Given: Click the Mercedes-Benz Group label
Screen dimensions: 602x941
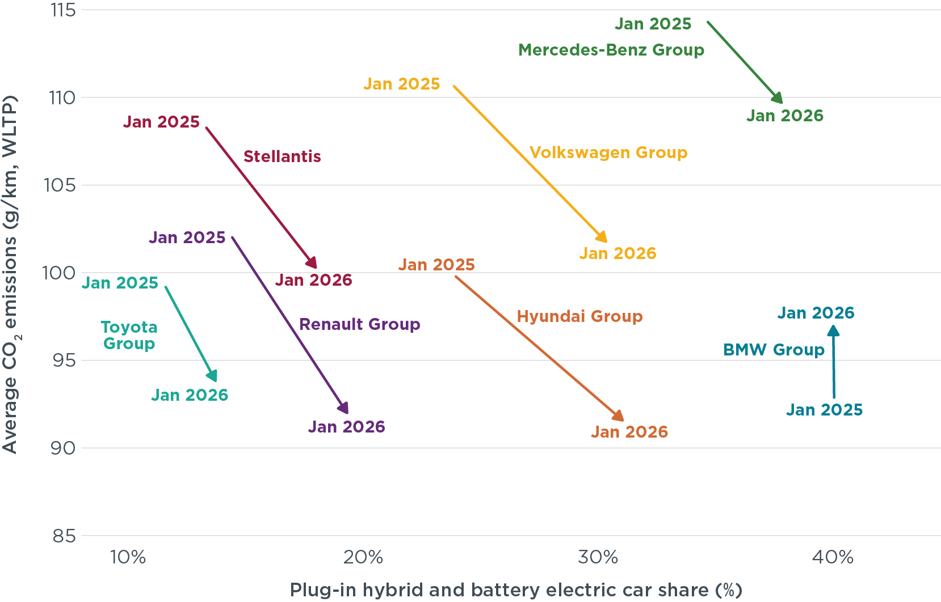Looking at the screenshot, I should (611, 50).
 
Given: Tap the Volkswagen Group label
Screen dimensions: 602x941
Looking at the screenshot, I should (608, 152).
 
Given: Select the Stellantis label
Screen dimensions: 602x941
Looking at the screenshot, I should (282, 156).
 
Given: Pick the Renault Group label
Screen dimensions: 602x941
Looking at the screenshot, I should (359, 324).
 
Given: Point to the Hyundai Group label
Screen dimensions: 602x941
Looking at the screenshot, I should (579, 316).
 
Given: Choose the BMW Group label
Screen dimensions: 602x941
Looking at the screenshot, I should (774, 350).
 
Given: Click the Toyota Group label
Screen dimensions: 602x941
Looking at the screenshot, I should (129, 335).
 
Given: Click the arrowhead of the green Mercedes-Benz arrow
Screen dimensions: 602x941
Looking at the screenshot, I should (778, 99).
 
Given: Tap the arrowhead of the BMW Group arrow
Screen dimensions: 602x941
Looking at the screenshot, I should (833, 330).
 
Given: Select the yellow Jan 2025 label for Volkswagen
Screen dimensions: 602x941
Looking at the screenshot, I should (402, 84).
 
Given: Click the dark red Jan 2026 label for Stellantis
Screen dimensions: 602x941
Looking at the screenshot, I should (314, 280).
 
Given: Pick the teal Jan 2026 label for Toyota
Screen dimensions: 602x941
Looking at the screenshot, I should (190, 395).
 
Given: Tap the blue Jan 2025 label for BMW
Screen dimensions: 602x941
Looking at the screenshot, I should (824, 410).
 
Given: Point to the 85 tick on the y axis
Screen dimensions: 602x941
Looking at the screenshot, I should (64, 536).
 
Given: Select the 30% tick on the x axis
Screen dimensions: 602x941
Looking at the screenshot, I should (598, 558).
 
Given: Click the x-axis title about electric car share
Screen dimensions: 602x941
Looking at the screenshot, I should (516, 590).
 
